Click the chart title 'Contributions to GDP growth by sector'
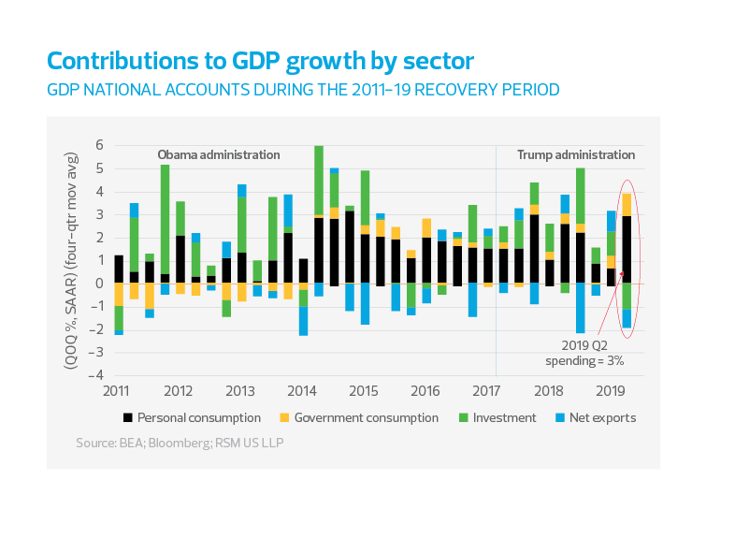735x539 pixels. click(x=260, y=62)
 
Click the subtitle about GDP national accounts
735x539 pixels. click(x=303, y=91)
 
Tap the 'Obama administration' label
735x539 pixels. click(x=218, y=154)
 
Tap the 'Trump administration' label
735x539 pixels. click(x=576, y=154)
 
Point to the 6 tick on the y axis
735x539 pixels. click(x=98, y=146)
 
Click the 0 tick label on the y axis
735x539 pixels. click(x=98, y=284)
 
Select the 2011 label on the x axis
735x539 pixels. click(x=117, y=390)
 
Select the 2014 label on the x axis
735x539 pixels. click(x=301, y=390)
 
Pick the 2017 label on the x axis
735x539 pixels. click(x=486, y=390)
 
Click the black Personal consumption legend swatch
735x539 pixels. click(x=126, y=417)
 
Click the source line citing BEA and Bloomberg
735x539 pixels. click(x=179, y=440)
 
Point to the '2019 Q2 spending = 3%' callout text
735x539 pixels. click(x=584, y=353)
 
